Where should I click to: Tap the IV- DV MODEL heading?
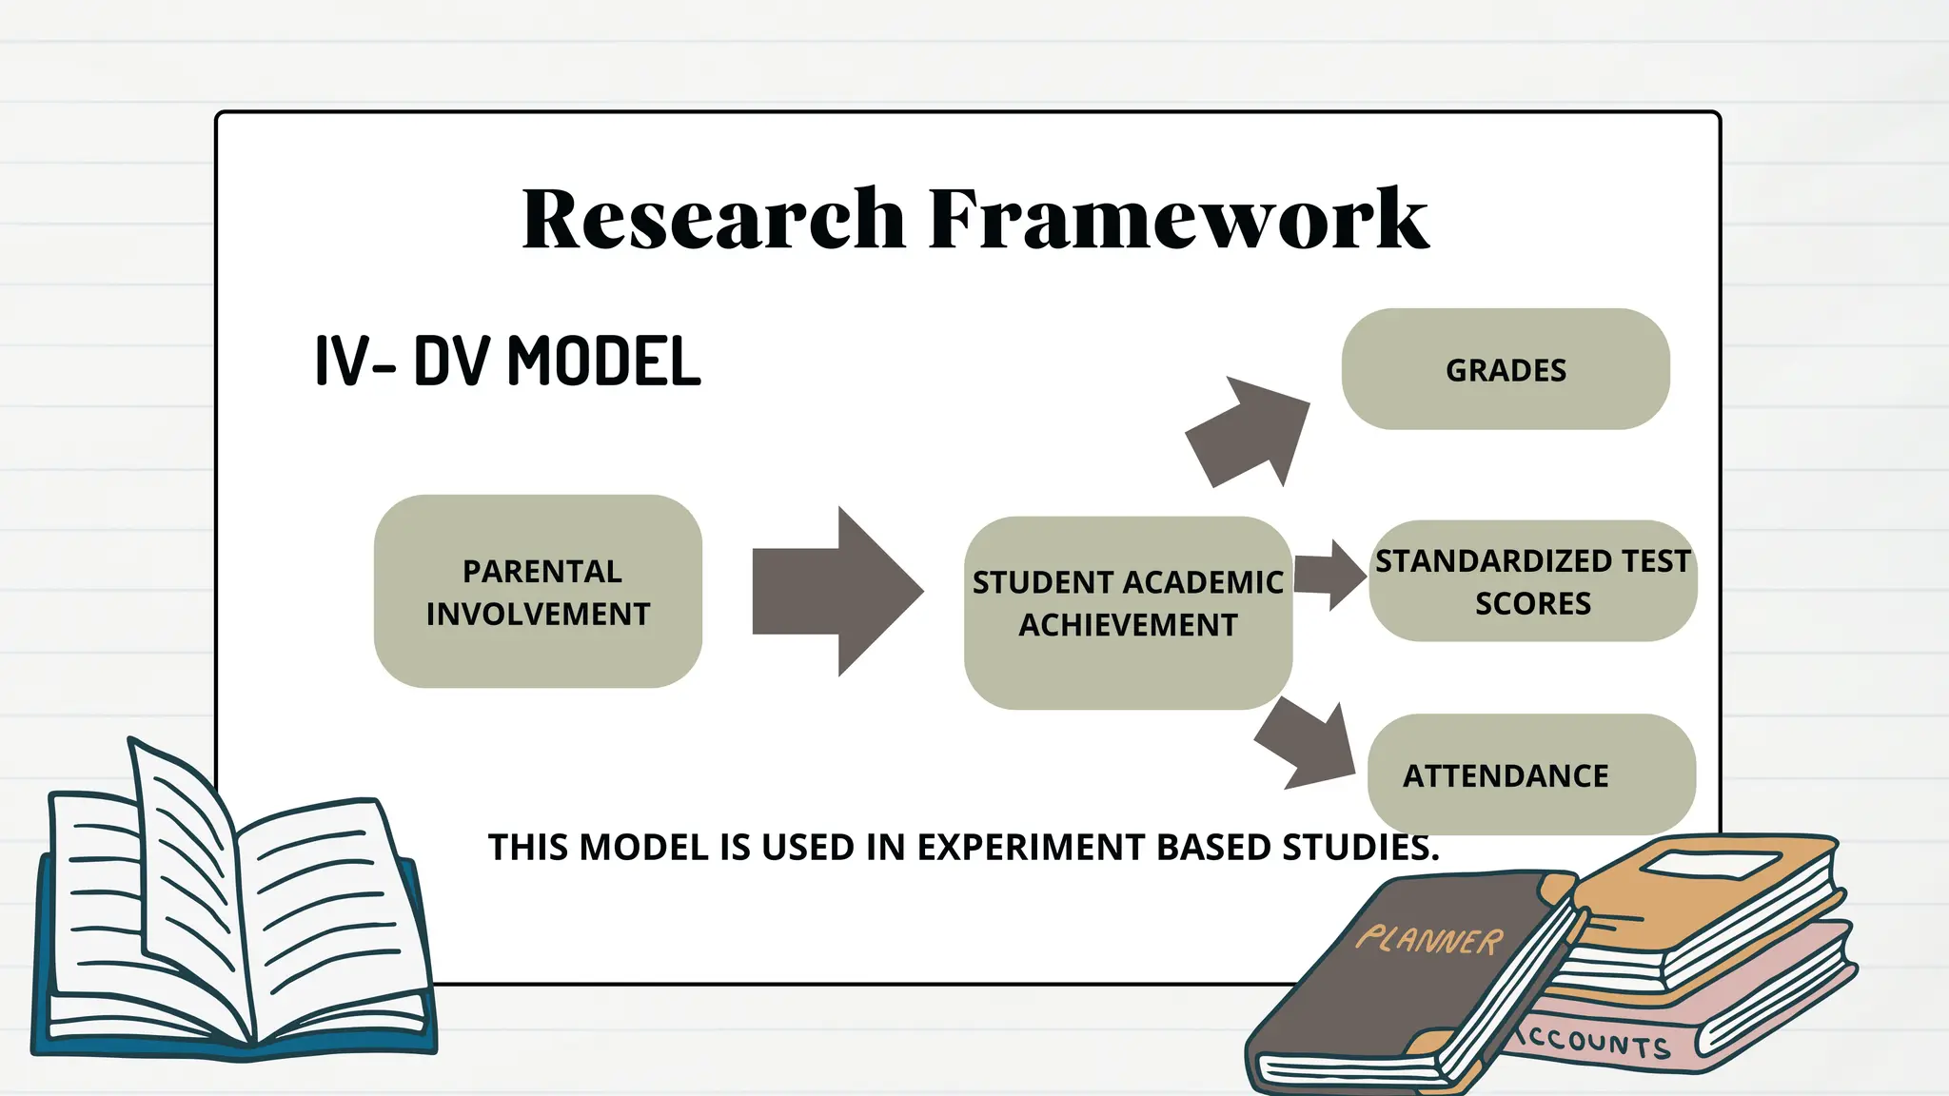(507, 362)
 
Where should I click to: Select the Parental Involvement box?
(538, 592)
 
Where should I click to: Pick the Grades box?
(1506, 369)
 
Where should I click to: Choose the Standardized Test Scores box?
(1532, 581)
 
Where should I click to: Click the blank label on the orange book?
(1711, 865)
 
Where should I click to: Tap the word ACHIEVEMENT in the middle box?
(1128, 625)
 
